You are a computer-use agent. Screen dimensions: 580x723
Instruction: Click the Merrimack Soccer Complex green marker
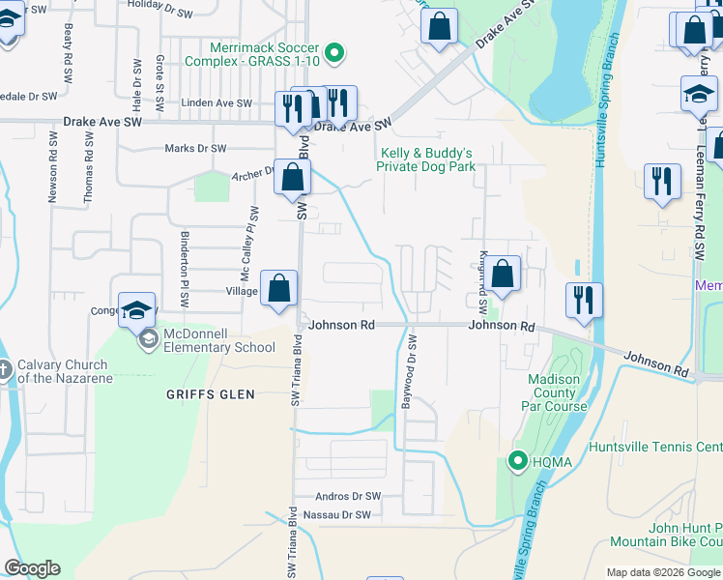pyautogui.click(x=334, y=52)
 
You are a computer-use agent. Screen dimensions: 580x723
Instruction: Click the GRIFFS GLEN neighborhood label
pyautogui.click(x=210, y=394)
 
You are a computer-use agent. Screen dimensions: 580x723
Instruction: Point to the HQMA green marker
pyautogui.click(x=518, y=461)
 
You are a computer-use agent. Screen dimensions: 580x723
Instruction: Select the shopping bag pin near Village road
pyautogui.click(x=278, y=288)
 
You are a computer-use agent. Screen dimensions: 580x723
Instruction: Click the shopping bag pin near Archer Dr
pyautogui.click(x=292, y=178)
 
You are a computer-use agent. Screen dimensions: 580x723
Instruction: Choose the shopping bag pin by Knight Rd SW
pyautogui.click(x=503, y=274)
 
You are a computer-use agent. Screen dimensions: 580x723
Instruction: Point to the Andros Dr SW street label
pyautogui.click(x=348, y=496)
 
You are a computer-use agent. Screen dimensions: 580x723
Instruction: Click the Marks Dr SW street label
pyautogui.click(x=195, y=149)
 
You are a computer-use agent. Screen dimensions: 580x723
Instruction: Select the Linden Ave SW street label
pyautogui.click(x=217, y=103)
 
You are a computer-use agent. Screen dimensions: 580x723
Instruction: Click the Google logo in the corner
pyautogui.click(x=32, y=568)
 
